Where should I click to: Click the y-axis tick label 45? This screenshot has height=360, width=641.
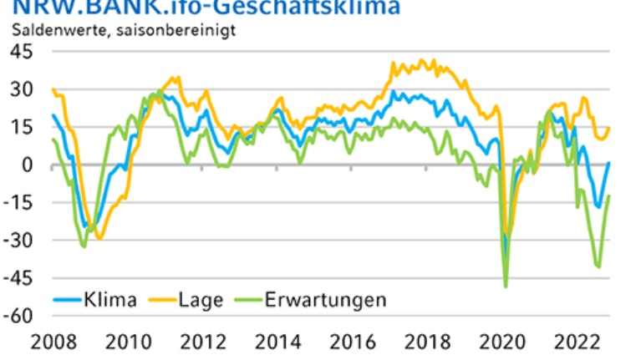click(22, 52)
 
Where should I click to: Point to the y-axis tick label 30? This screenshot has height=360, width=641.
click(22, 89)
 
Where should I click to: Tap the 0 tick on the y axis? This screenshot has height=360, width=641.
click(28, 165)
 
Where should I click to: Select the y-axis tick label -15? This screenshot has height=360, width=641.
click(18, 202)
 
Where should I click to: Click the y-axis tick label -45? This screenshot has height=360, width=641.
click(18, 278)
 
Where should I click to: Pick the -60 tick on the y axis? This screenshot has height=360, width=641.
click(18, 316)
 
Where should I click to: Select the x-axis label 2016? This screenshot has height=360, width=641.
click(349, 342)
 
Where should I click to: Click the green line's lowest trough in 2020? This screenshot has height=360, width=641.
click(506, 286)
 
